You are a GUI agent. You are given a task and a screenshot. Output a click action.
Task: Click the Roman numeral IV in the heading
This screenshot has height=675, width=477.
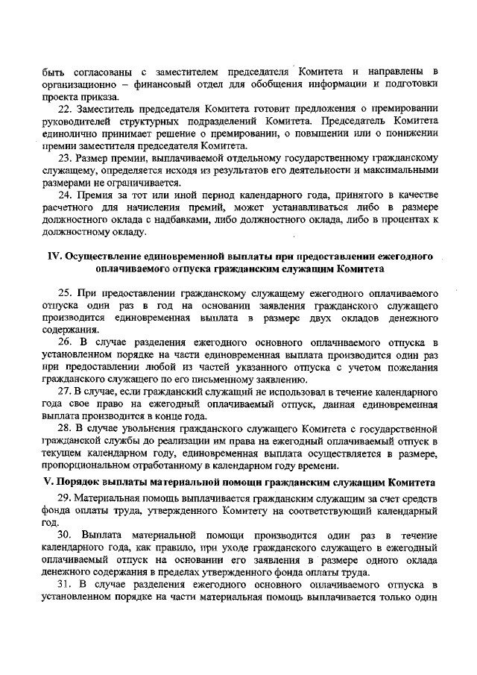tap(54, 256)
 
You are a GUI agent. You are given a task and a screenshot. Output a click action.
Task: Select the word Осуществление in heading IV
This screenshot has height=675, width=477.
tap(103, 256)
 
